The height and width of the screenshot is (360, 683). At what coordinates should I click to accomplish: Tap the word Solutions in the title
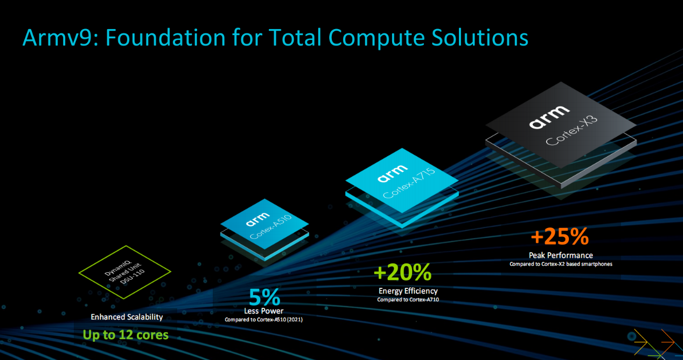point(480,38)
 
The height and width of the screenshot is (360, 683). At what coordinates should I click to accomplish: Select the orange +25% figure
point(560,237)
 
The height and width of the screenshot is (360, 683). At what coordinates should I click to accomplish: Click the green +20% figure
point(402,272)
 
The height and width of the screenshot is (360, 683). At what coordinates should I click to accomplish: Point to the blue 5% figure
point(264,297)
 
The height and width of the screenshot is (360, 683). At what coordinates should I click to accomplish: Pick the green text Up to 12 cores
point(126,335)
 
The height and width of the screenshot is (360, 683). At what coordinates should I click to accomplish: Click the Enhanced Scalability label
point(127,317)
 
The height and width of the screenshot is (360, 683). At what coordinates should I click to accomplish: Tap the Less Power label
point(264,311)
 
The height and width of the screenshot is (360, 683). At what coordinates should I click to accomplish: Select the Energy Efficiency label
point(408,291)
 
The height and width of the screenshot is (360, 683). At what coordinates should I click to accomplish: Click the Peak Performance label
point(561,255)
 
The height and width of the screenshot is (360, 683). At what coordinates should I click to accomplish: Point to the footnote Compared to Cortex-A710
point(408,300)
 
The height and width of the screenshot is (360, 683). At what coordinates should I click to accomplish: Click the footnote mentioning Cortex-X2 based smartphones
point(561,264)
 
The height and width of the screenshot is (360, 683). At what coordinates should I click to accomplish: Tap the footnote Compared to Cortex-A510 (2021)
point(264,320)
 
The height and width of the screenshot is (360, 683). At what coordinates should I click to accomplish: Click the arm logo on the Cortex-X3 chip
point(549,117)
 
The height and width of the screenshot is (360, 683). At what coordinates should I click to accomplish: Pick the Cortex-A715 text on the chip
point(409,183)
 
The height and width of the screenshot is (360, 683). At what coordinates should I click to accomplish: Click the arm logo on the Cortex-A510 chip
point(257,219)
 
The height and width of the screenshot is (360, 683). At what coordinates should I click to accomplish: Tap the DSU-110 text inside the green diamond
point(133,277)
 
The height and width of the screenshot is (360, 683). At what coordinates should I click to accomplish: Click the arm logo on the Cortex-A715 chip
point(393,174)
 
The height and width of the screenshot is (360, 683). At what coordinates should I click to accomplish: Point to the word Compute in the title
point(377,38)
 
